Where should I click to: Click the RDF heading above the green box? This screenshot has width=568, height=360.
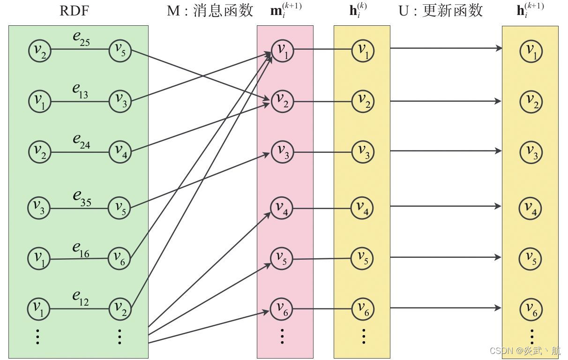click(x=74, y=11)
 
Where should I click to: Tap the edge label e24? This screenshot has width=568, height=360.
click(x=81, y=142)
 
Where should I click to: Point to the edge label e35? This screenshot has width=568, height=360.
click(x=82, y=198)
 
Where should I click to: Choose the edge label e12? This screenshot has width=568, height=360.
click(x=81, y=298)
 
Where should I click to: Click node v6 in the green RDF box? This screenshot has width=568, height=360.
click(x=120, y=257)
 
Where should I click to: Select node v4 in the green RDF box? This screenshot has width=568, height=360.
click(x=120, y=151)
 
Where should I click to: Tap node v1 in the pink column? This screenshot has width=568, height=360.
click(x=282, y=51)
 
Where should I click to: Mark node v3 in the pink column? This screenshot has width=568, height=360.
click(x=282, y=152)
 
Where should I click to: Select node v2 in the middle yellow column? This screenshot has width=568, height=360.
click(x=363, y=101)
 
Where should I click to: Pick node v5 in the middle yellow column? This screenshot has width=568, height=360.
click(x=363, y=258)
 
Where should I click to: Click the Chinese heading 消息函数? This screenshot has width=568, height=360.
click(x=224, y=11)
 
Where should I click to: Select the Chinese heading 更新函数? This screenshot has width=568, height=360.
click(x=452, y=11)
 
